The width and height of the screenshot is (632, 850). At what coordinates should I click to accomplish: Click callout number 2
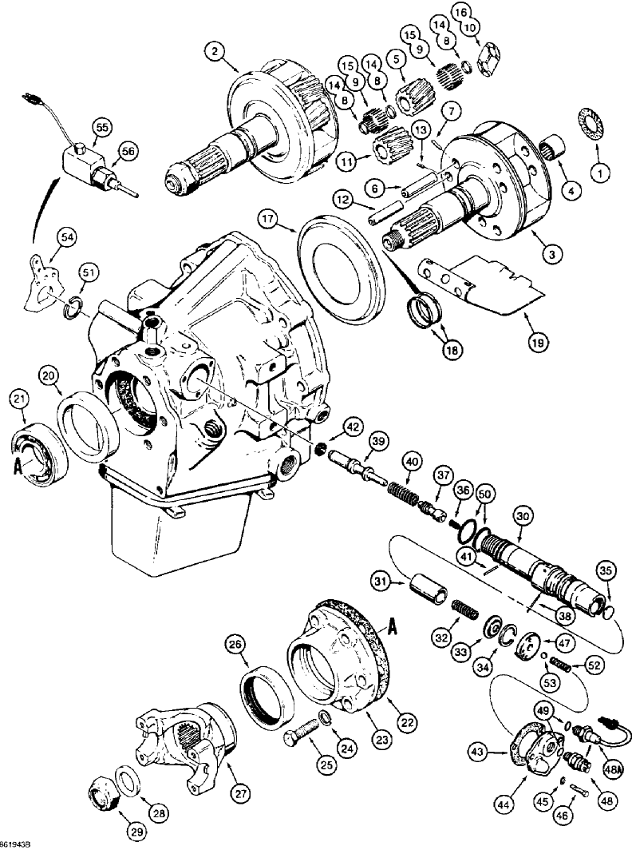click(213, 52)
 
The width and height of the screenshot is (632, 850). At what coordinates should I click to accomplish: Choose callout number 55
click(101, 125)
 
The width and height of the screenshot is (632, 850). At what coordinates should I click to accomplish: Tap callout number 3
click(549, 253)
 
